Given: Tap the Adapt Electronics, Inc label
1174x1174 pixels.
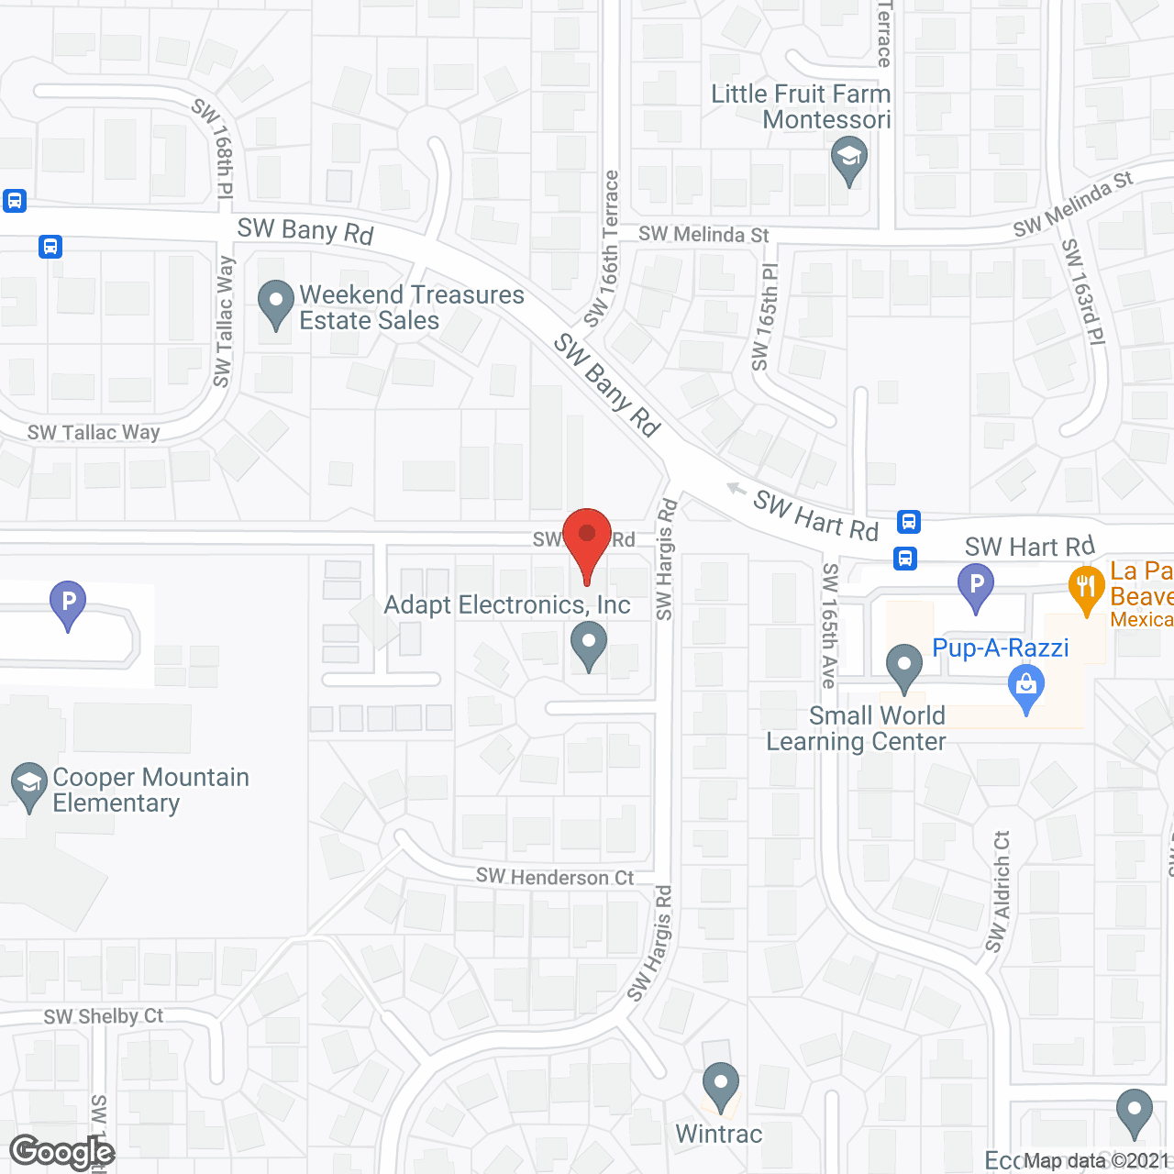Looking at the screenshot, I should [507, 605].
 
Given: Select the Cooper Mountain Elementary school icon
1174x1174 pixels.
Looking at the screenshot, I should [29, 786].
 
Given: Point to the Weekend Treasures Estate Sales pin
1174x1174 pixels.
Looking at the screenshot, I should [276, 304].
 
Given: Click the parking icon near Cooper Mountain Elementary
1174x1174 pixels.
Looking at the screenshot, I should [68, 604].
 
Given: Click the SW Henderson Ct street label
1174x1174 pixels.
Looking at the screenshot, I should [555, 878].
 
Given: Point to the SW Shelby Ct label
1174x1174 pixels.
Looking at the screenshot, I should [104, 1016].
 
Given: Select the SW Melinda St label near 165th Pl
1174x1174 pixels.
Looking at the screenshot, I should [703, 235].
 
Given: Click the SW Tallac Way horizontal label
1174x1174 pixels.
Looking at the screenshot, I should [94, 432].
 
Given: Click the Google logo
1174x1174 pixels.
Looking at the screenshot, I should [61, 1152].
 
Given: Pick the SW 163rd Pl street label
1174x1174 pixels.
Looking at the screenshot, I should [1083, 292].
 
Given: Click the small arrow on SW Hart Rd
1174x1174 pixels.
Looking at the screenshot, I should [736, 488].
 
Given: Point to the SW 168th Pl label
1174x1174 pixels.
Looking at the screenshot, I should [214, 148].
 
